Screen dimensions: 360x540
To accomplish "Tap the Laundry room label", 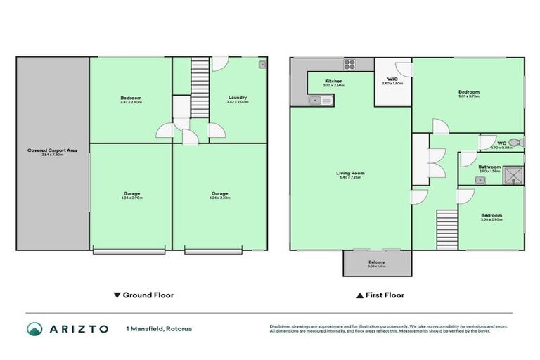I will [237, 98].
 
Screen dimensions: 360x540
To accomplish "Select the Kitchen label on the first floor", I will [333, 81].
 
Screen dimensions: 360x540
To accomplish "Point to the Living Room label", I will [351, 173].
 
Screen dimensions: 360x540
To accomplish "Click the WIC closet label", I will [392, 79].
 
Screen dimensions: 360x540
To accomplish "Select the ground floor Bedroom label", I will [131, 98].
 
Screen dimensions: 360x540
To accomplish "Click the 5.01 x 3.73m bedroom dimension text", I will [468, 96].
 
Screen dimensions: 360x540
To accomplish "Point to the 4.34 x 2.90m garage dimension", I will [131, 198].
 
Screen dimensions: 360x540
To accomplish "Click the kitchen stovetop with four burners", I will [349, 66].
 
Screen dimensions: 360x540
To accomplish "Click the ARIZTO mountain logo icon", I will [34, 329].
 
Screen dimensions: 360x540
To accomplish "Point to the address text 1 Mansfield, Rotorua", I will [159, 329].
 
